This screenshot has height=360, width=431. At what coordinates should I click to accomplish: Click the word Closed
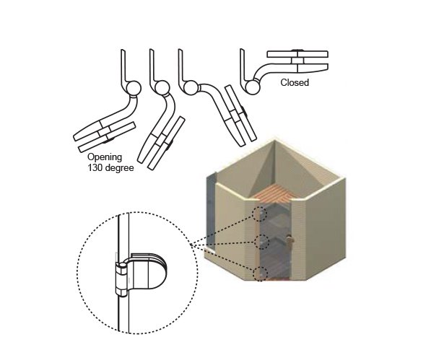coord(295,82)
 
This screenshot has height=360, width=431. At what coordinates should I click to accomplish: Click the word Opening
coord(105,157)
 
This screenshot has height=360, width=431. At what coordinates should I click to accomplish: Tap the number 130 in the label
coord(95,168)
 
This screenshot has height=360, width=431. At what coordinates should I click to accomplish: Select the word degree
coord(118,168)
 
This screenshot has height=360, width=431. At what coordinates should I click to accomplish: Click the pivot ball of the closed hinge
coord(253,87)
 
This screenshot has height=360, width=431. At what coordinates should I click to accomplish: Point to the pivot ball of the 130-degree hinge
coord(134,89)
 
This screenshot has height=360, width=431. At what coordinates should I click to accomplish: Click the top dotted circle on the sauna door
coord(259,214)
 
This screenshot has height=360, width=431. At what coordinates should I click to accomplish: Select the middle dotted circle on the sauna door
coord(261,242)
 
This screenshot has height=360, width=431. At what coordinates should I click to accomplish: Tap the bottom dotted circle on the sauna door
coord(260,273)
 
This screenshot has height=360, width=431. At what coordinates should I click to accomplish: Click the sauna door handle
coord(289,240)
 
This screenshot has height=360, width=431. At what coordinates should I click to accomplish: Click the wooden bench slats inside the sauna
coord(273,194)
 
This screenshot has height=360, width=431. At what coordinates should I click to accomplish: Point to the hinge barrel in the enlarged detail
coord(121,279)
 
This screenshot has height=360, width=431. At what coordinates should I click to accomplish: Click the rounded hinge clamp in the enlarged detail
coord(147,271)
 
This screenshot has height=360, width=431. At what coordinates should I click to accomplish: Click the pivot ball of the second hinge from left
coord(162,88)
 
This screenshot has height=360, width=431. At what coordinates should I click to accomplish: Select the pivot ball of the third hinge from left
coord(190,88)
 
